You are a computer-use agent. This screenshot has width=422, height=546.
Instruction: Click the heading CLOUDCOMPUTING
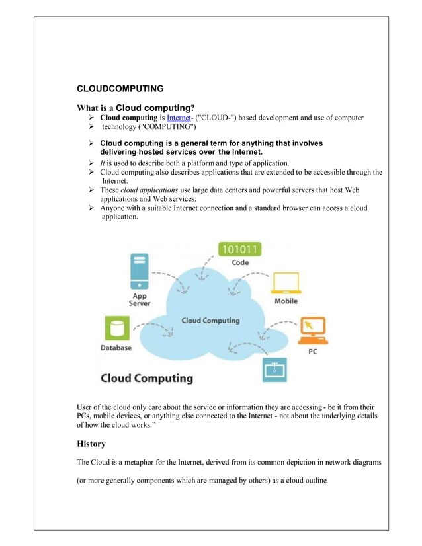point(120,88)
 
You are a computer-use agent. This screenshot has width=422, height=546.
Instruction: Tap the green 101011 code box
point(239,249)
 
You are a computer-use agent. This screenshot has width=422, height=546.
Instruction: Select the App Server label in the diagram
point(140,299)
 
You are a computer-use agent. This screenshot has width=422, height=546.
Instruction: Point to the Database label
point(116,348)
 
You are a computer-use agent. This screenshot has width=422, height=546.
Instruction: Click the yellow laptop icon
point(286,281)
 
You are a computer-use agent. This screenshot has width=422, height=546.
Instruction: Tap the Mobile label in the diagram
point(286,301)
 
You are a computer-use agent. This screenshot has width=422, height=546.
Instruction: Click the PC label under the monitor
point(313,352)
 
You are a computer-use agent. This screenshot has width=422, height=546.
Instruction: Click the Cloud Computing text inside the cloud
point(211,321)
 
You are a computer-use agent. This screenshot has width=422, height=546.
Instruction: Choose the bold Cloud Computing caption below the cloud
point(146,379)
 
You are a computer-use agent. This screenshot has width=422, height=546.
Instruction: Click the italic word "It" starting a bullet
point(103,162)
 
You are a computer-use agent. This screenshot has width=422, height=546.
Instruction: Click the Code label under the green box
point(240,262)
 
